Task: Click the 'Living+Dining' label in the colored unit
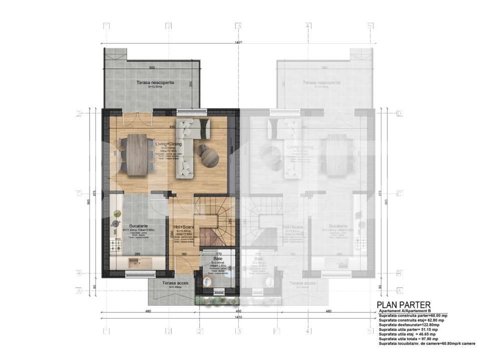[x=168, y=144]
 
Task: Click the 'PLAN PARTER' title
[x=403, y=304]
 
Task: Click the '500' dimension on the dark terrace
[x=152, y=67]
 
